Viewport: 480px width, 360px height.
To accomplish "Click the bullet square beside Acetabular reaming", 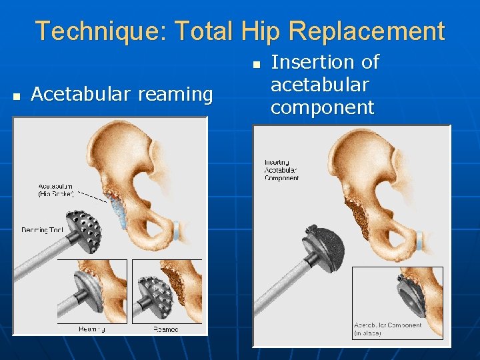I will [17, 96].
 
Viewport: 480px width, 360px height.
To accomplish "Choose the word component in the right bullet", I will [322, 107].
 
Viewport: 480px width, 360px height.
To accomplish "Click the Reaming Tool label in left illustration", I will [42, 230].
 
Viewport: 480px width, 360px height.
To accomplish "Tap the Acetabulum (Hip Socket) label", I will [55, 190].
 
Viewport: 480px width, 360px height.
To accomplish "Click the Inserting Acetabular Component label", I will [281, 170].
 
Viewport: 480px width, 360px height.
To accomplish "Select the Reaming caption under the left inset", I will [91, 329].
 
